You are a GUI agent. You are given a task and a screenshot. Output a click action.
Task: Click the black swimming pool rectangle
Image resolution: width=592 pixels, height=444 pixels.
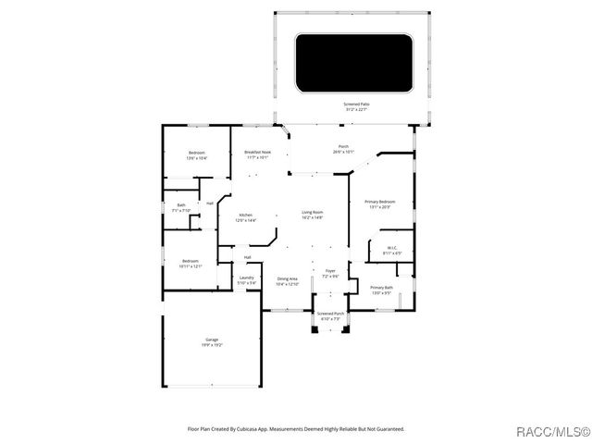(x=355, y=63)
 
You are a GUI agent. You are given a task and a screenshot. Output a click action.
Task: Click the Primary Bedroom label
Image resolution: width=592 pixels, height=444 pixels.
(x=380, y=204)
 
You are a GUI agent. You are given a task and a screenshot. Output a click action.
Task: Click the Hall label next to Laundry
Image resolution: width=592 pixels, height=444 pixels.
(x=247, y=257)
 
